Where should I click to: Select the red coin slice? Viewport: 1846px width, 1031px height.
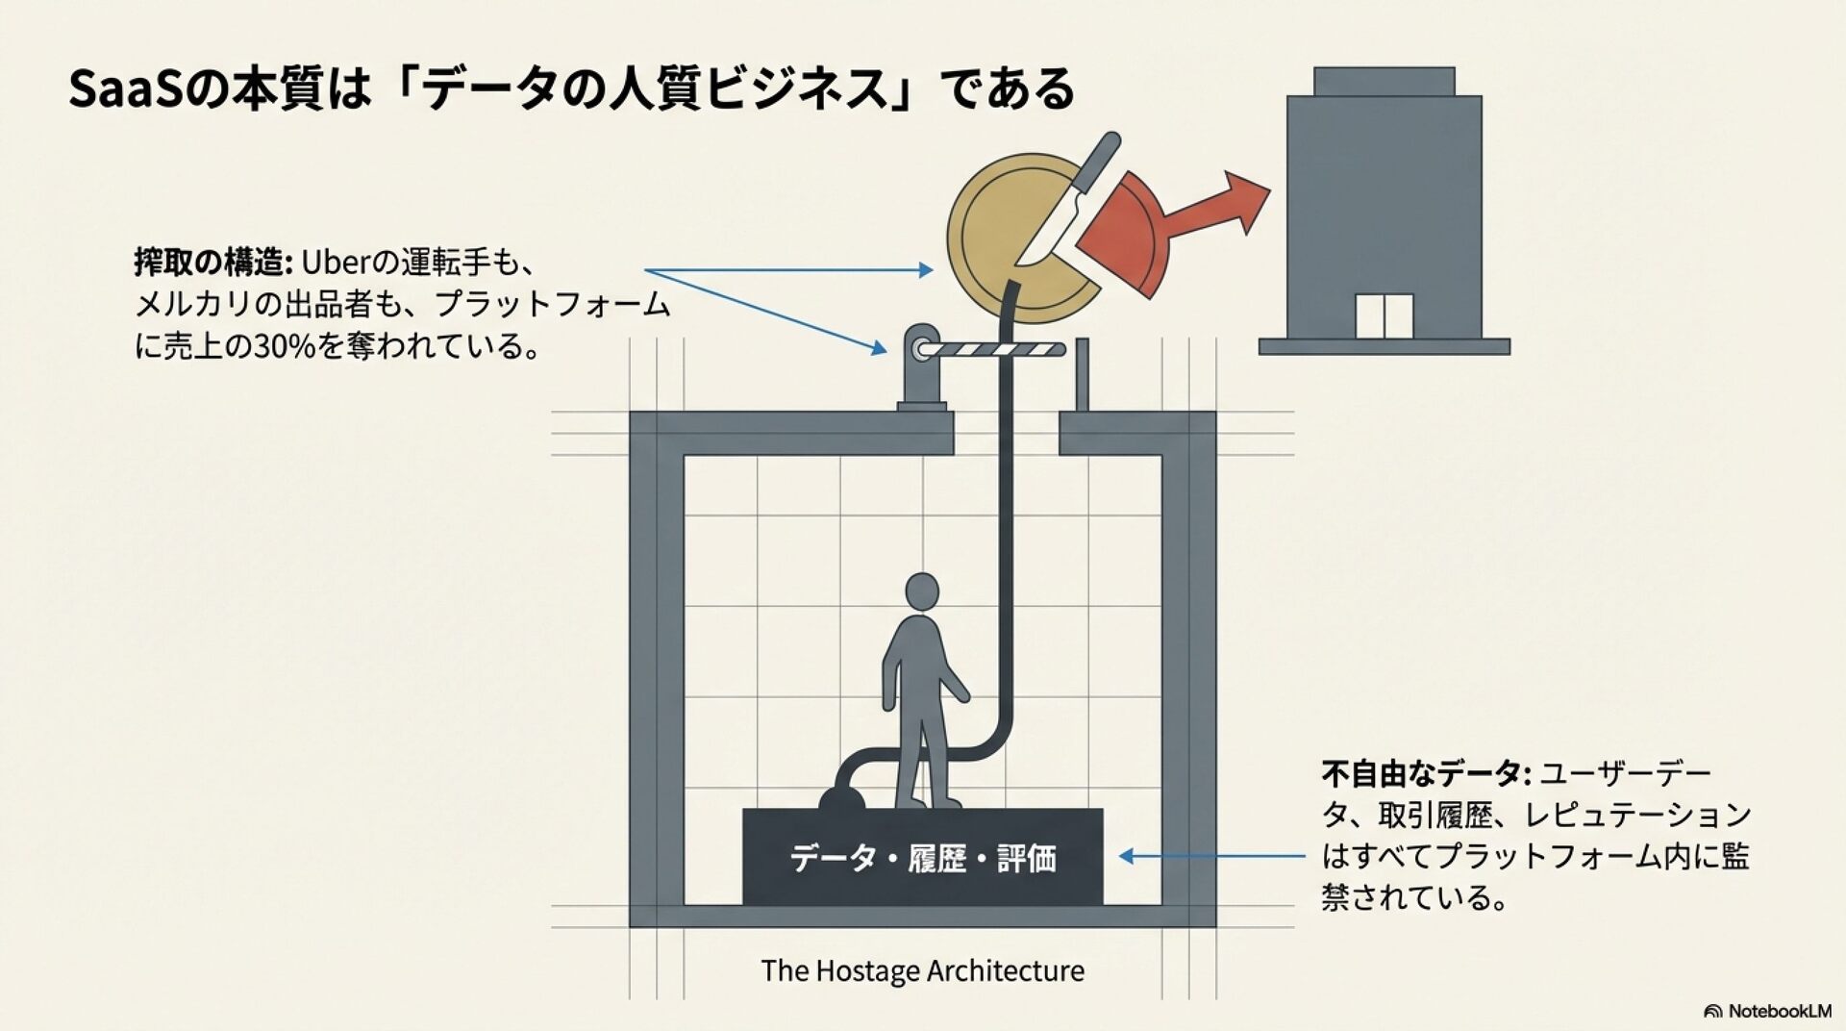coord(1125,231)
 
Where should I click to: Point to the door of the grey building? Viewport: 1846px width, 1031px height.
coord(1384,315)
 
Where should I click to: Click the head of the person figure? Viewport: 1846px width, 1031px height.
coord(922,591)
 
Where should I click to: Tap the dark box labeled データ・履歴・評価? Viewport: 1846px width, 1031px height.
coord(922,857)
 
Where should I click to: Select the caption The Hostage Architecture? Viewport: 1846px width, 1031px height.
coord(922,970)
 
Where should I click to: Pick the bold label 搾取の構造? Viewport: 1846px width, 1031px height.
coord(212,262)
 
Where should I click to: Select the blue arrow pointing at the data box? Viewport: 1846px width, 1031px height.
coord(1211,856)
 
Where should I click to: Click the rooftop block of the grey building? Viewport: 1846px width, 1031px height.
coord(1384,81)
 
